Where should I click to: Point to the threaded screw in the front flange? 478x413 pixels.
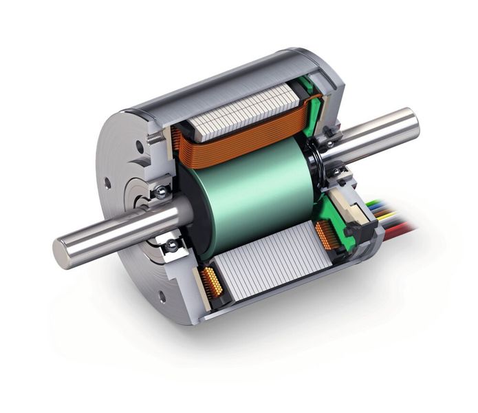(156, 138)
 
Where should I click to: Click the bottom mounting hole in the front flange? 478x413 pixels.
(162, 297)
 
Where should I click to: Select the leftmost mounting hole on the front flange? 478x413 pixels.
(107, 184)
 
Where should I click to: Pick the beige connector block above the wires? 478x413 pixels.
(344, 206)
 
